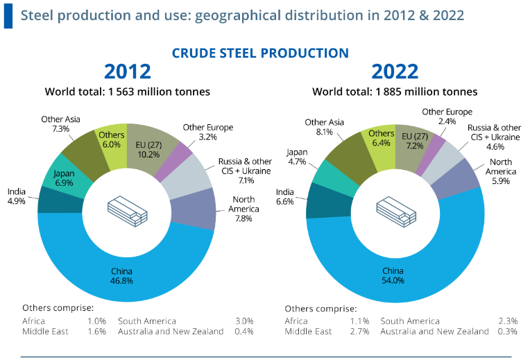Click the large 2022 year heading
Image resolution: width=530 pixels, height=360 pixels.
pyautogui.click(x=395, y=72)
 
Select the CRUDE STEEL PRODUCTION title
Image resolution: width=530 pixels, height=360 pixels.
pyautogui.click(x=260, y=53)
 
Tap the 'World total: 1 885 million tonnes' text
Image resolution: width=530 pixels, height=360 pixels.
pyautogui.click(x=395, y=91)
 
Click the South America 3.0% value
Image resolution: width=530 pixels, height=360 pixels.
pyautogui.click(x=243, y=321)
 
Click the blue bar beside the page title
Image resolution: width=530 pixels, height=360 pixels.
pyautogui.click(x=8, y=15)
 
